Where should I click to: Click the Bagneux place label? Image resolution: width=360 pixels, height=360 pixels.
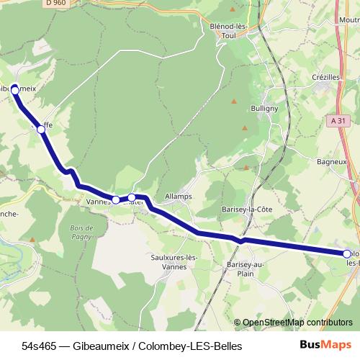(332, 162)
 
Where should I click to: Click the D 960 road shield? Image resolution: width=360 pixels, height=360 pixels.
(55, 4)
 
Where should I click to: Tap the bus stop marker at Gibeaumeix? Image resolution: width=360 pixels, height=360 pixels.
(14, 89)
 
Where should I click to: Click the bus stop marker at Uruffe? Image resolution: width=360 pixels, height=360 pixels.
(41, 130)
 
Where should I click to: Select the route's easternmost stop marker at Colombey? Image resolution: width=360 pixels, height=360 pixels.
(347, 253)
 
